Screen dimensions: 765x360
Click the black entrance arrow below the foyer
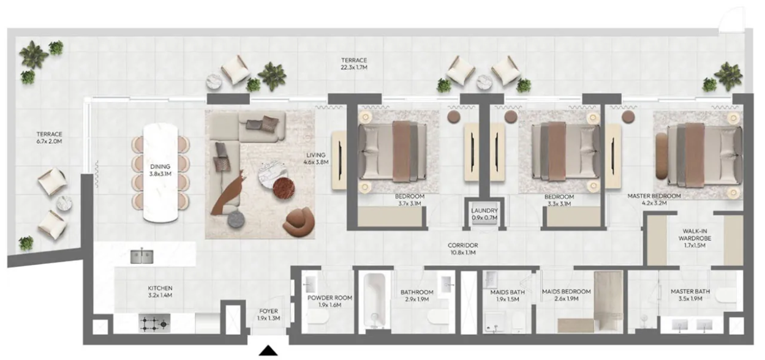268,351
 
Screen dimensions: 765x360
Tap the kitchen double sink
141,257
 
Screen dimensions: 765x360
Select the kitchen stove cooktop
154,323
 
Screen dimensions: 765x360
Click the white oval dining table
160,173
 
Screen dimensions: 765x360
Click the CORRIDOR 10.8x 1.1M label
463,249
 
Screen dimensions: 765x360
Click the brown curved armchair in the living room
299,222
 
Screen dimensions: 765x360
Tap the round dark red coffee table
284,189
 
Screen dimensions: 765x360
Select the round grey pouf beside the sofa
236,219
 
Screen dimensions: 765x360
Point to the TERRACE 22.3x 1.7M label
354,64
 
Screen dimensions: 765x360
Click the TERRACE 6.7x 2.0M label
50,138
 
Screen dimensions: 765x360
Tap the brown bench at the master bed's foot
661,156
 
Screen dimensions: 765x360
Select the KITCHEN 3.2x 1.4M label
160,292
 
